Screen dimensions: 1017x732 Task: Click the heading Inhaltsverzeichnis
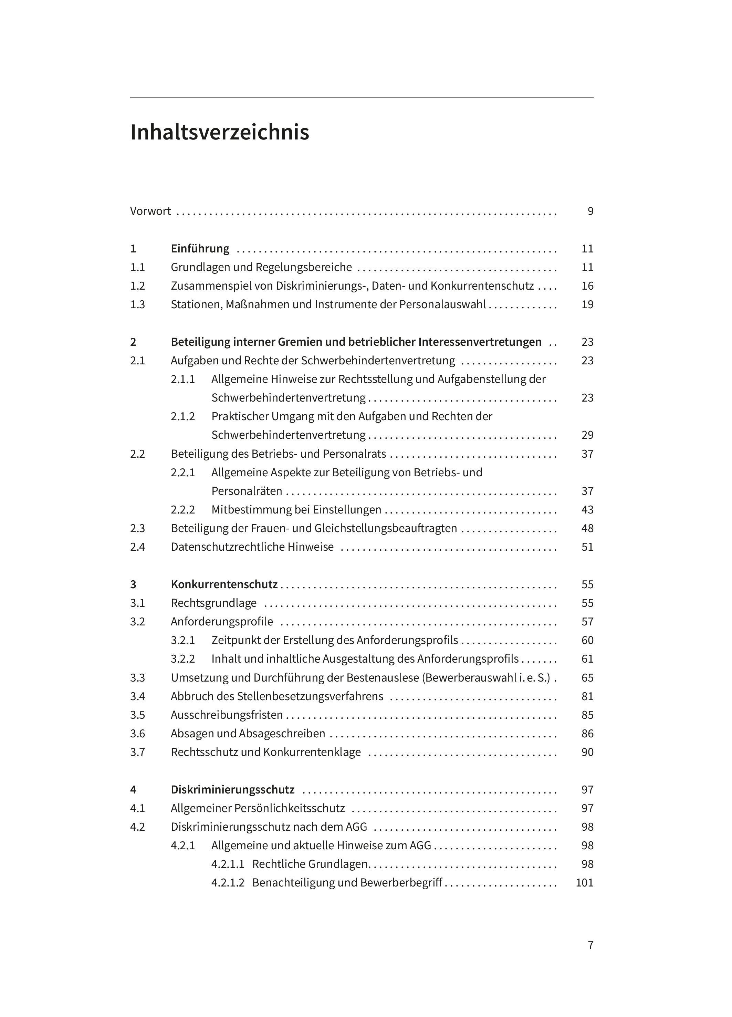pyautogui.click(x=219, y=133)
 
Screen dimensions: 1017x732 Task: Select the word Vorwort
pyautogui.click(x=150, y=211)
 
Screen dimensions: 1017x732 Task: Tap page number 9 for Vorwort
pyautogui.click(x=590, y=211)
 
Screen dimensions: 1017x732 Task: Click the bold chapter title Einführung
pyautogui.click(x=200, y=248)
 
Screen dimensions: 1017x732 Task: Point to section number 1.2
pyautogui.click(x=138, y=286)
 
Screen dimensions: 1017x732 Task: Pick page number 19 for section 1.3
pyautogui.click(x=587, y=304)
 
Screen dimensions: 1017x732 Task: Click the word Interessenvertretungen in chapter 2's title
pyautogui.click(x=480, y=342)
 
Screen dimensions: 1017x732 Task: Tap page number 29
pyautogui.click(x=587, y=435)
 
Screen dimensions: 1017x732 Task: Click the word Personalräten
pyautogui.click(x=247, y=491)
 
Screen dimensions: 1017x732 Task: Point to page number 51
pyautogui.click(x=587, y=547)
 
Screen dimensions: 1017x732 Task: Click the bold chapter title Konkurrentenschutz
pyautogui.click(x=224, y=584)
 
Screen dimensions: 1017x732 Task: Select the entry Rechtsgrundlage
pyautogui.click(x=213, y=603)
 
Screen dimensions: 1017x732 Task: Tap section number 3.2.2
pyautogui.click(x=182, y=659)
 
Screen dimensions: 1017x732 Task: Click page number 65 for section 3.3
pyautogui.click(x=587, y=677)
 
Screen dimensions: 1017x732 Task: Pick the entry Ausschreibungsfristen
pyautogui.click(x=227, y=715)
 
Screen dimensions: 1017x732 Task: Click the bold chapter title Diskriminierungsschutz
pyautogui.click(x=233, y=790)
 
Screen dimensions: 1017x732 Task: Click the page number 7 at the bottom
pyautogui.click(x=590, y=945)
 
